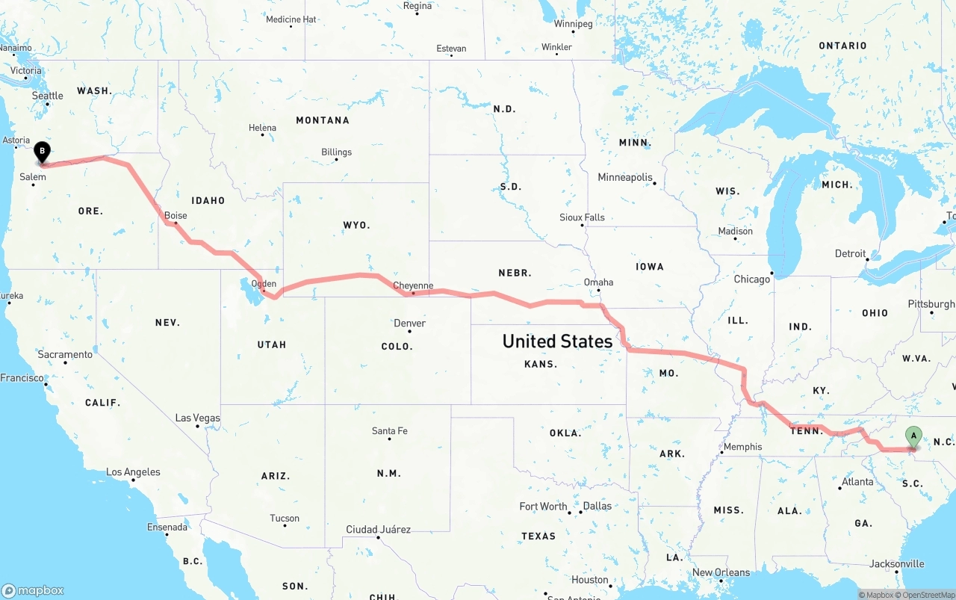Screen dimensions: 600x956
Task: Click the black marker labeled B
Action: click(43, 152)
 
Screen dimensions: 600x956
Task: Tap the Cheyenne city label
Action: click(413, 285)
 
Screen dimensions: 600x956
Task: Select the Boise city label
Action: click(176, 215)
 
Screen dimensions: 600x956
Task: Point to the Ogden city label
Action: click(264, 284)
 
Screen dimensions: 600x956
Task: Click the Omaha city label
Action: click(598, 282)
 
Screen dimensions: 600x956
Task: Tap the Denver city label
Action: click(409, 323)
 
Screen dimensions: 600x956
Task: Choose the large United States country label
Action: click(557, 341)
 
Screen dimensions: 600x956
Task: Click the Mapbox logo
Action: click(33, 590)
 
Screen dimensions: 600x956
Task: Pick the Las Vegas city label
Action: click(197, 418)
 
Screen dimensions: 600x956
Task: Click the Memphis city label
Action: click(742, 447)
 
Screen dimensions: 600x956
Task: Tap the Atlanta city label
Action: click(857, 481)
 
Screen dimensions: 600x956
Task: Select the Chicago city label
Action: click(751, 279)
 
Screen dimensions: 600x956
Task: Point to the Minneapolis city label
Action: click(625, 177)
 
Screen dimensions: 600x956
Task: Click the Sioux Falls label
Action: click(582, 217)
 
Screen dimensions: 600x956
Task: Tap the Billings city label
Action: click(336, 152)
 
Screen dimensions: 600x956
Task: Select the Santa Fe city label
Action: click(389, 430)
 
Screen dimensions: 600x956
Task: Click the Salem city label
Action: click(33, 177)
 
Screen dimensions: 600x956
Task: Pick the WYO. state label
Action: click(356, 225)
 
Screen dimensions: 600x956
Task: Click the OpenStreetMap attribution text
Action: click(928, 595)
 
